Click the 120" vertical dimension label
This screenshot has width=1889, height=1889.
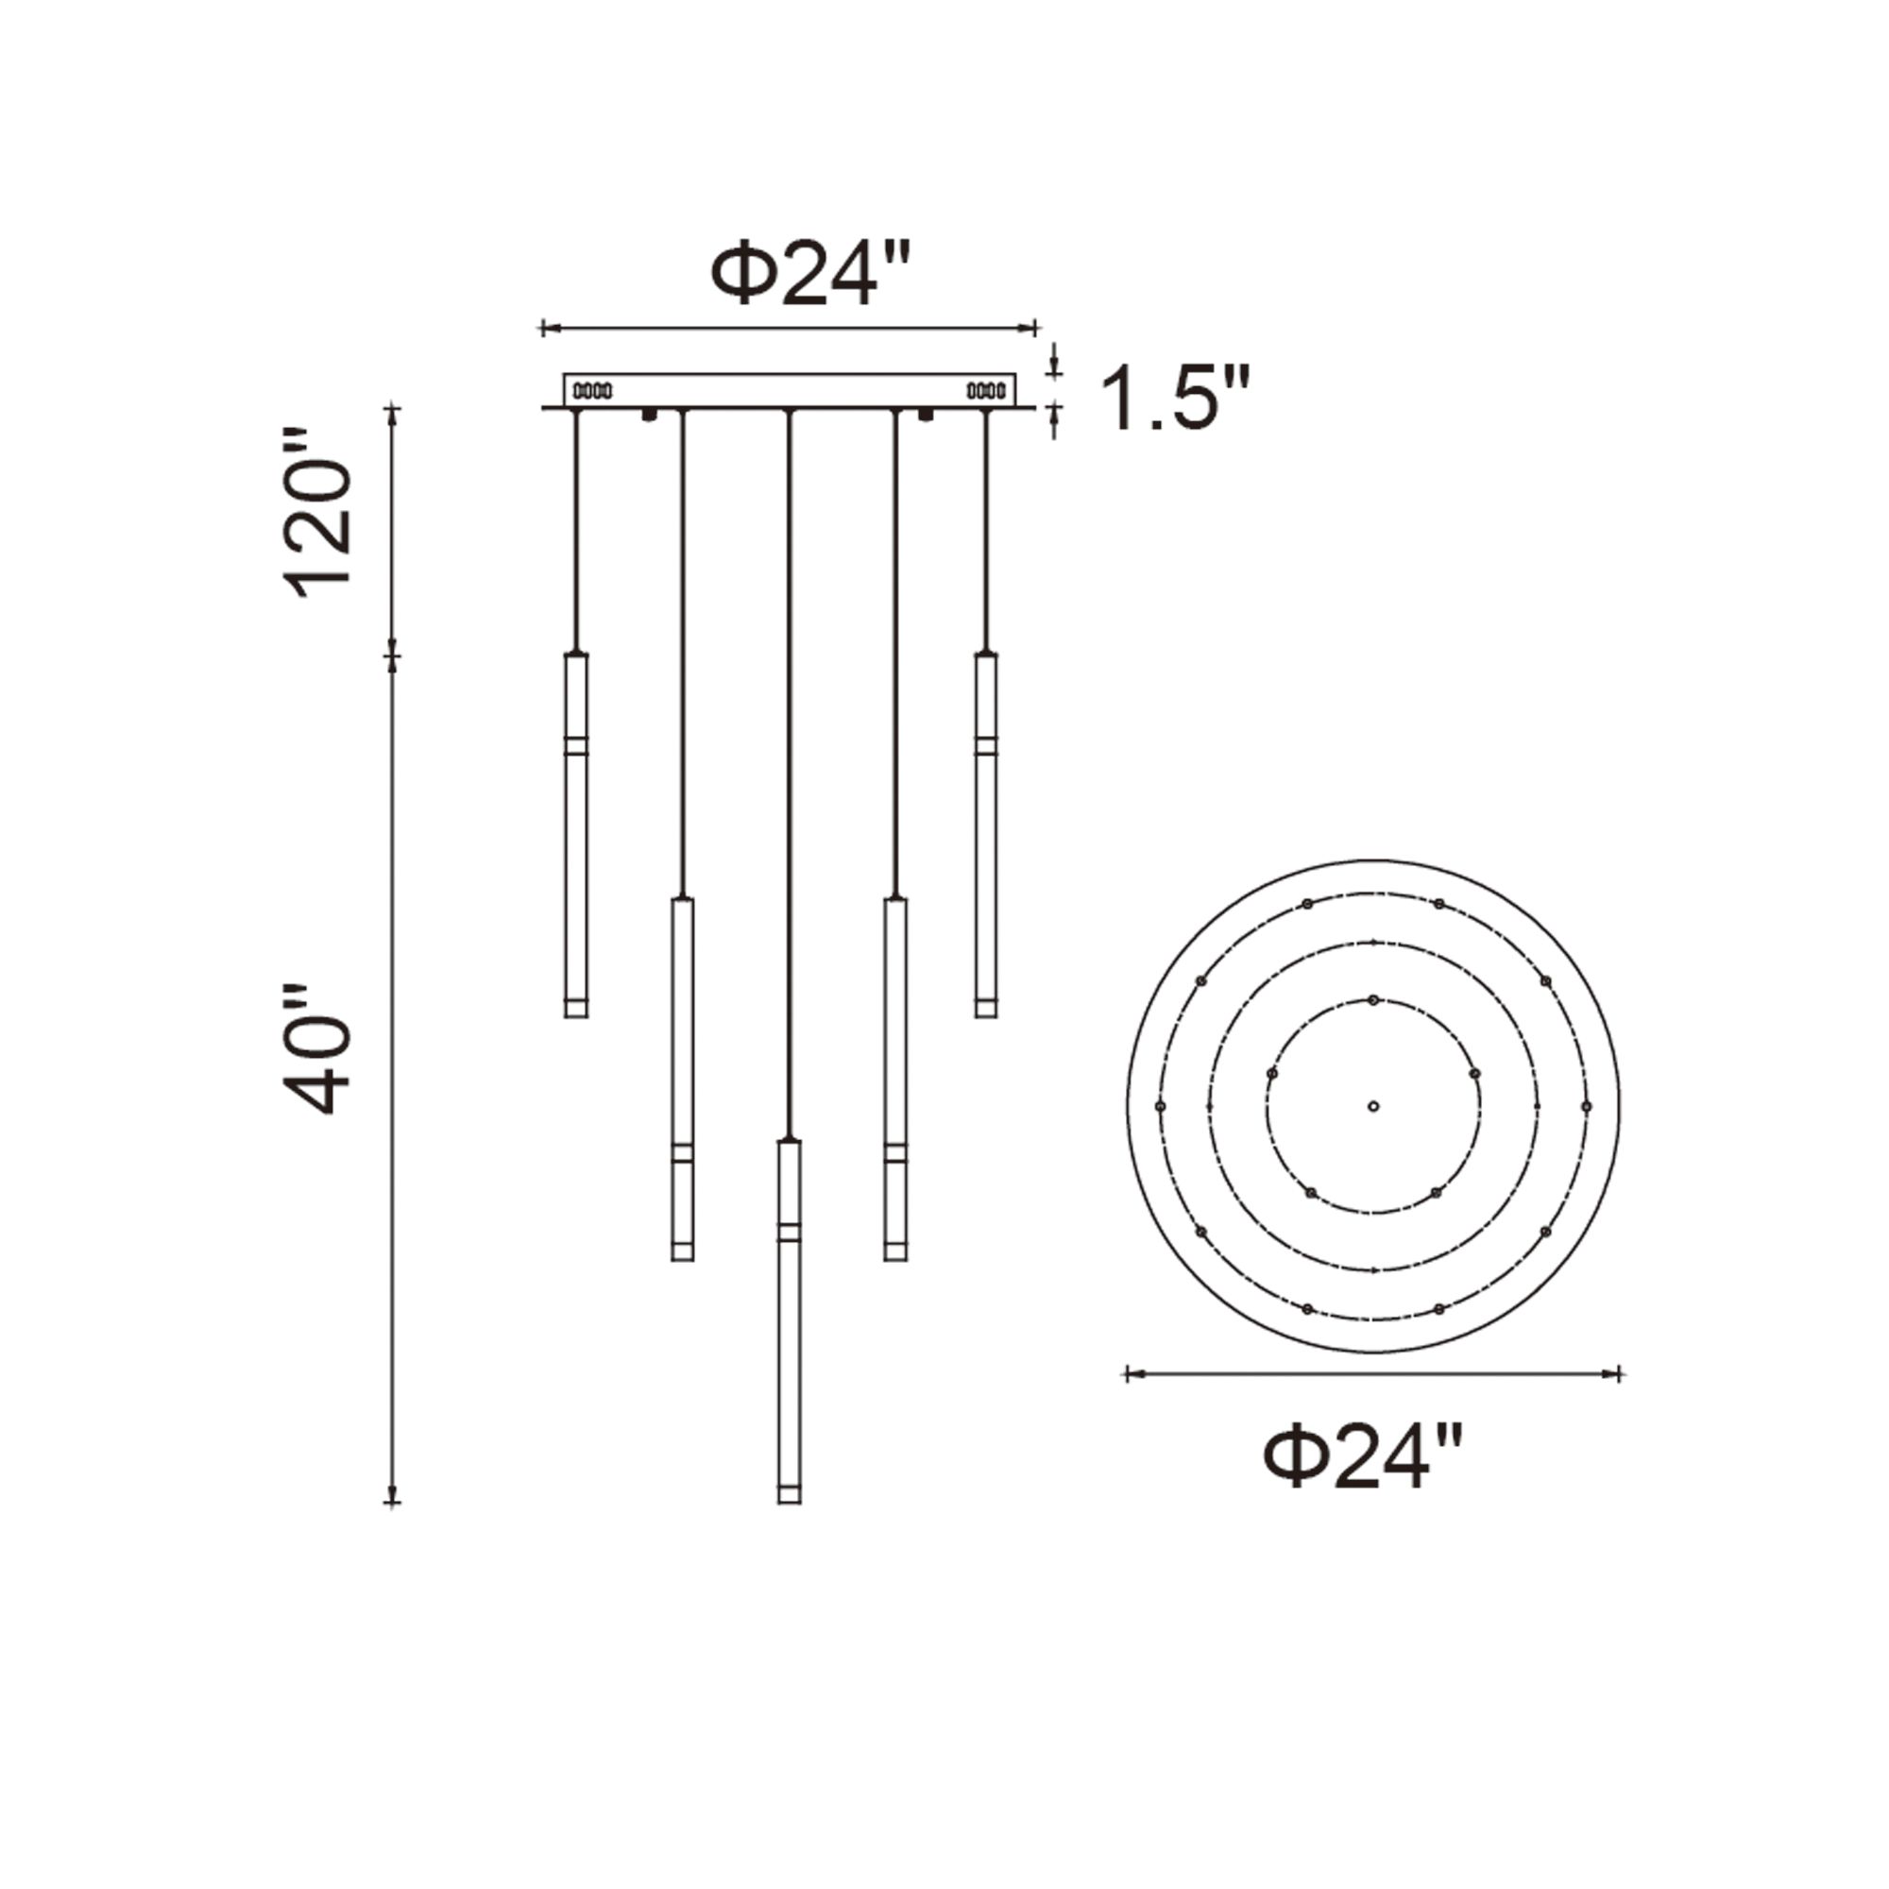316,512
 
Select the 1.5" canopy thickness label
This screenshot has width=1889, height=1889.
1175,399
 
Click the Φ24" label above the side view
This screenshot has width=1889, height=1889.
810,276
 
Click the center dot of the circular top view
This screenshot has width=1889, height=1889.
1372,1106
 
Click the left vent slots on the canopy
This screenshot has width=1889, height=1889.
592,391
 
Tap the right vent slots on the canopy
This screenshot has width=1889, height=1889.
985,391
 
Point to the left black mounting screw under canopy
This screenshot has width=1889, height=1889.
648,416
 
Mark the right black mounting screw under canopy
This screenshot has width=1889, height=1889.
925,416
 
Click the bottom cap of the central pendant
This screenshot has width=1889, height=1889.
789,1493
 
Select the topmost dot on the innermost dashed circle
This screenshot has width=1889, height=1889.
1372,1000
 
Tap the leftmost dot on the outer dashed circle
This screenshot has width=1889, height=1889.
1160,1106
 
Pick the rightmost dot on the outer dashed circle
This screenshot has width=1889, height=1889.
1586,1106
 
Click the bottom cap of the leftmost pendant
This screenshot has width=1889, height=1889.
576,1008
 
